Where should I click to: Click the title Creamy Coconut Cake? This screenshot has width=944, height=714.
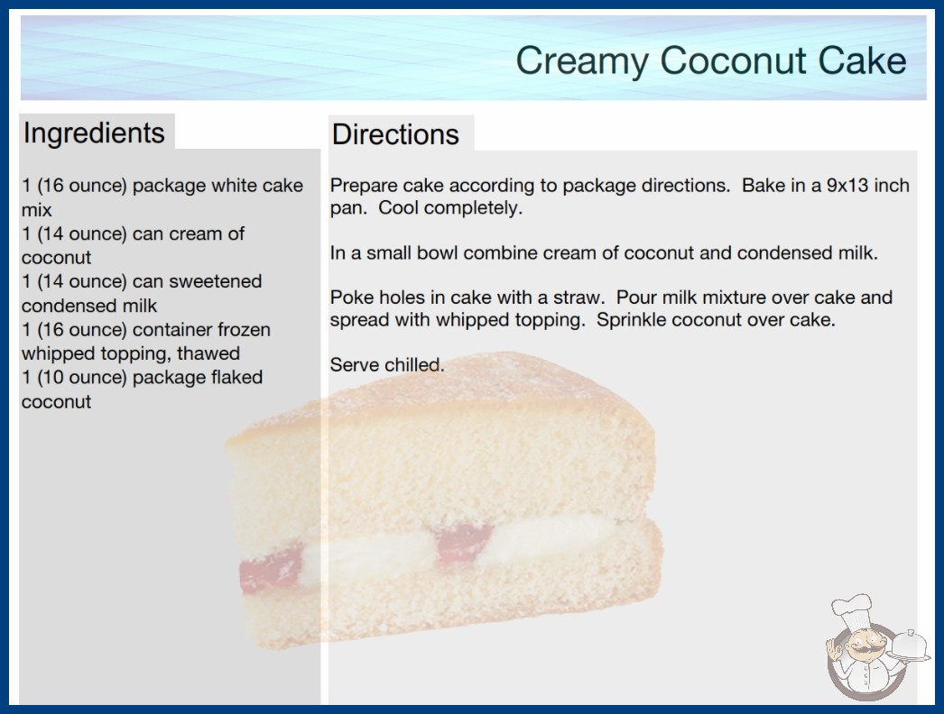tap(711, 60)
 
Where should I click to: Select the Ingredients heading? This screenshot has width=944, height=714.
tap(94, 133)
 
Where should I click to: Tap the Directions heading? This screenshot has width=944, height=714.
tap(395, 134)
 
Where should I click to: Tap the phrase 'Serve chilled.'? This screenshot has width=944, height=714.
tap(387, 364)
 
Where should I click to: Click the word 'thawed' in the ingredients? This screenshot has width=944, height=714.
tap(208, 353)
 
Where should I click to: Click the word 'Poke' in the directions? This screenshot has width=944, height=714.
tap(348, 297)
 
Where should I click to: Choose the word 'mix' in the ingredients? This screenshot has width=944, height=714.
tap(37, 210)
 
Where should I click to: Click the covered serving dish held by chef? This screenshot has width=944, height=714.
tap(909, 646)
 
